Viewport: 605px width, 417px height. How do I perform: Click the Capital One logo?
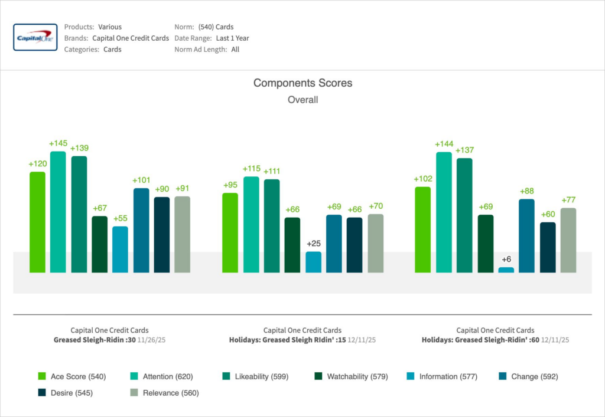[35, 38]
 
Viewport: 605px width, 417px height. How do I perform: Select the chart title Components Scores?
[302, 83]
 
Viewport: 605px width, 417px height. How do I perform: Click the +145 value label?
[58, 143]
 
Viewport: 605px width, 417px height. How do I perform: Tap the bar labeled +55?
[120, 249]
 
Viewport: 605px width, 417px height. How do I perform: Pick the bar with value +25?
[314, 262]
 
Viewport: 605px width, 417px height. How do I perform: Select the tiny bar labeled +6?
[506, 270]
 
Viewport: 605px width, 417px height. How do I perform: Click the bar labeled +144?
[444, 212]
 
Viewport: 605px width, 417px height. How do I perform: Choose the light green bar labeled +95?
[230, 232]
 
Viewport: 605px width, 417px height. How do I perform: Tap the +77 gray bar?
[568, 240]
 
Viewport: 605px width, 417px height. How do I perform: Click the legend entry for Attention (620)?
[161, 376]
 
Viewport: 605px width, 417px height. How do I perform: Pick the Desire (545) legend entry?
[65, 393]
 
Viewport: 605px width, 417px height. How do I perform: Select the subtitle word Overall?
[302, 100]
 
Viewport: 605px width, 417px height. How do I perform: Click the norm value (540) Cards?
[216, 27]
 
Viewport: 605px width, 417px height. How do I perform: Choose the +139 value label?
[79, 148]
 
